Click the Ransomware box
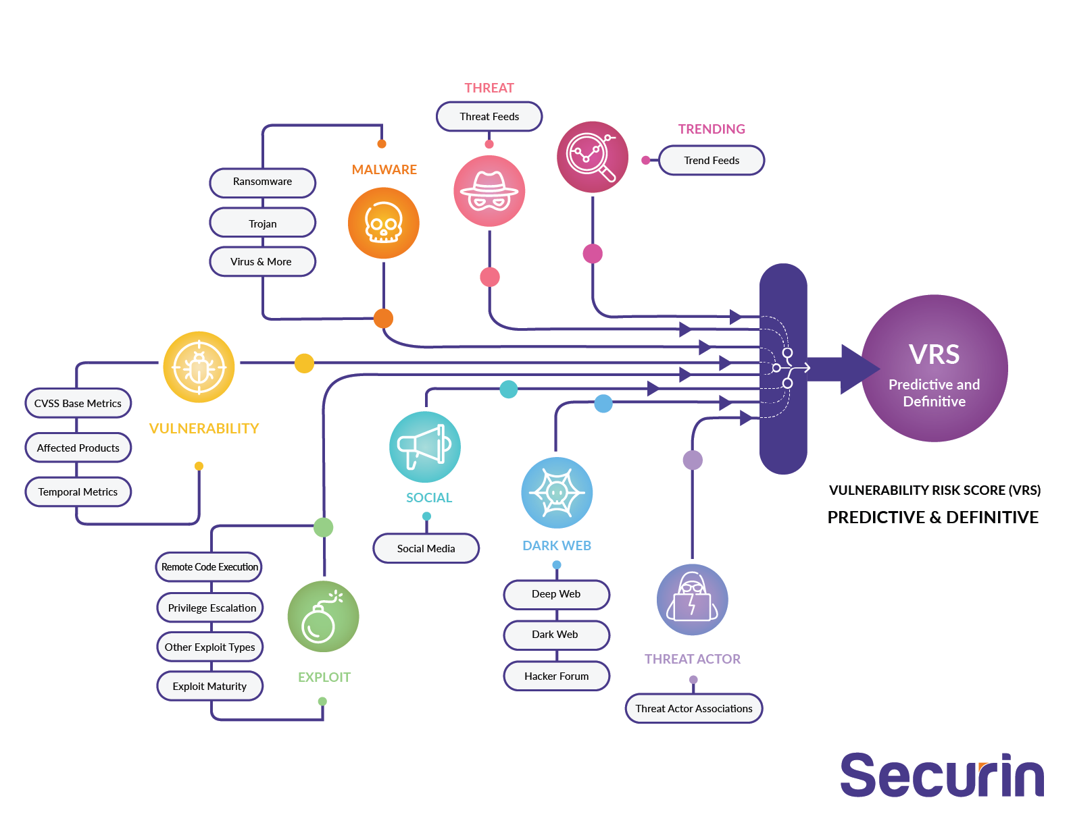[x=262, y=182]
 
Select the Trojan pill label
[x=262, y=223]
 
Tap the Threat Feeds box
[x=489, y=116]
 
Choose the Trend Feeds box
[x=711, y=161]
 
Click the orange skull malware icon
[x=383, y=223]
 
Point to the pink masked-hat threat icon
[x=489, y=191]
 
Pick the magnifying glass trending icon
[x=592, y=157]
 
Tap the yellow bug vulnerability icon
[x=199, y=367]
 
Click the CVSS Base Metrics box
[x=78, y=403]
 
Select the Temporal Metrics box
[x=78, y=491]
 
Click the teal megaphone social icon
[x=424, y=447]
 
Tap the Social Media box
[x=426, y=548]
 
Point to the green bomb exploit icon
[x=323, y=616]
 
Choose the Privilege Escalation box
[x=211, y=608]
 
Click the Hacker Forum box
[x=556, y=676]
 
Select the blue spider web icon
[x=557, y=493]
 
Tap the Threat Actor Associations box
[x=693, y=708]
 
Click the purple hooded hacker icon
[x=692, y=599]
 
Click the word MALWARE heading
[x=384, y=169]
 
